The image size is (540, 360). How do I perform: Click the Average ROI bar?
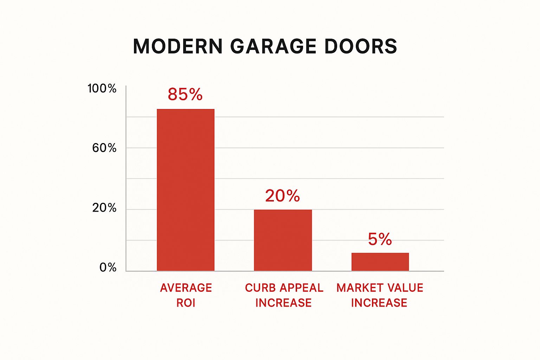(185, 190)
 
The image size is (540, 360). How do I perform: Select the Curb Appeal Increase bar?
(283, 240)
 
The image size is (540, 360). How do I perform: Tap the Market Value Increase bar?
(380, 262)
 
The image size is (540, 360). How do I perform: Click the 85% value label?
(185, 94)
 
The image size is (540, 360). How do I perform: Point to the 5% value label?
(380, 239)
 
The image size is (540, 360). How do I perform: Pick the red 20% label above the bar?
(282, 196)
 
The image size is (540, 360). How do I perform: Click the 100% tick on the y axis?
(102, 88)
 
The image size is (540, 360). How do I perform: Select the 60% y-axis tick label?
(104, 148)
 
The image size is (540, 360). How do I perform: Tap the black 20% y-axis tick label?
(104, 208)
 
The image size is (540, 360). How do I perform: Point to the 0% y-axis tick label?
(108, 268)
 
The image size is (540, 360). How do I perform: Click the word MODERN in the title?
(178, 46)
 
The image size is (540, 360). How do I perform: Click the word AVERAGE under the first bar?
(186, 288)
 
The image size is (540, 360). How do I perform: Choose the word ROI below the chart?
(186, 303)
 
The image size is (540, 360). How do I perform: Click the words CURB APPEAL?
(284, 288)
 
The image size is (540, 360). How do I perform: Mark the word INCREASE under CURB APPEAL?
(283, 303)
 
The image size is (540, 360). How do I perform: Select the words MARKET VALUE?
(380, 288)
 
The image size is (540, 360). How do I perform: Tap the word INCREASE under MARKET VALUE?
(379, 303)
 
